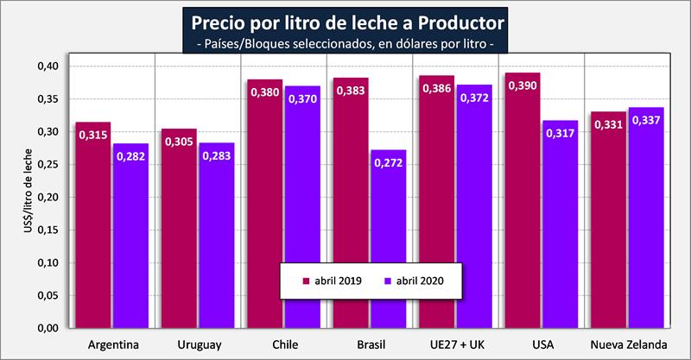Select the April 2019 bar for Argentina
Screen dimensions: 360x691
click(93, 224)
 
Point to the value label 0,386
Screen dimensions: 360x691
click(437, 91)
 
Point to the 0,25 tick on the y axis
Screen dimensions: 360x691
click(48, 164)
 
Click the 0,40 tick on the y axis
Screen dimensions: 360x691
click(48, 66)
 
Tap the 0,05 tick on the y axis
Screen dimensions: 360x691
click(48, 295)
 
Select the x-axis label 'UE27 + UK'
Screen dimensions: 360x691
click(456, 344)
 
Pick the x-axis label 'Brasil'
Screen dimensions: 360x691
click(370, 344)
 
